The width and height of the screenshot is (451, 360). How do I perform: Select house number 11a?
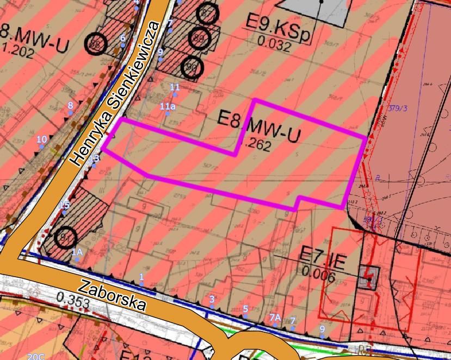(168, 107)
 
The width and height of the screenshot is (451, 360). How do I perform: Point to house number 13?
(95, 158)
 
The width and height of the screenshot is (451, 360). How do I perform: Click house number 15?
(65, 205)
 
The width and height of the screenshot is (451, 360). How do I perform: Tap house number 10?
(42, 140)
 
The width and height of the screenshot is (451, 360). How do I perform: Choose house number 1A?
(77, 252)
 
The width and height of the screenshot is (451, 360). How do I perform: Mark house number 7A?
(275, 317)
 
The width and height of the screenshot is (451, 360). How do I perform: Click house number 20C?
(36, 356)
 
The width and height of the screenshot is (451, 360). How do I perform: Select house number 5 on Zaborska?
(245, 309)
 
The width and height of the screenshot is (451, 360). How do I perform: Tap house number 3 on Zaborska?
(212, 299)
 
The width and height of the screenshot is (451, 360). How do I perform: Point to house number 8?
(70, 105)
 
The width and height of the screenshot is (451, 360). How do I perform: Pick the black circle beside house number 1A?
(65, 237)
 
